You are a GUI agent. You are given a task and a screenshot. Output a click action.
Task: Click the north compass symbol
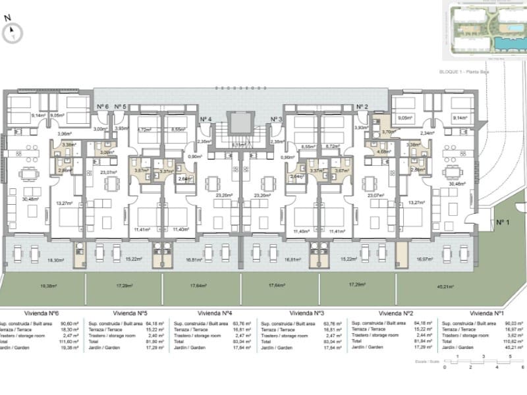(x=13, y=31)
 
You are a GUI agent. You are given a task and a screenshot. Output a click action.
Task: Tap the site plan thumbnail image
(x=482, y=31)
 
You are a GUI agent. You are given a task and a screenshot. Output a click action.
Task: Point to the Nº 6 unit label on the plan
(x=102, y=107)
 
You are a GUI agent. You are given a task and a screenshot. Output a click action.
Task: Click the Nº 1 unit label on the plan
(x=503, y=223)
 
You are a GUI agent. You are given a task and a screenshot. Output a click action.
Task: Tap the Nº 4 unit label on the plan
(x=206, y=118)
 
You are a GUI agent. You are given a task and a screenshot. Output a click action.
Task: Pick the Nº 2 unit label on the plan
(x=362, y=107)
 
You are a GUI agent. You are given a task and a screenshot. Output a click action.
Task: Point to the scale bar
(x=483, y=363)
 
